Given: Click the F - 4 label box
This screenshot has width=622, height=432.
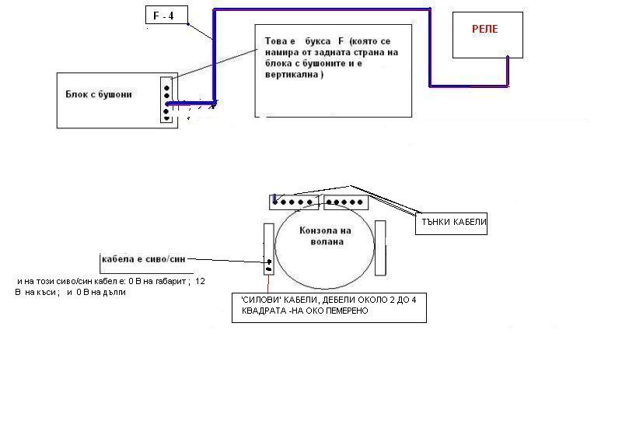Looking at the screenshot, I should tap(166, 16).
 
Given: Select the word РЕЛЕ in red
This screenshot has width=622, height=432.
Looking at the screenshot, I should tap(484, 29).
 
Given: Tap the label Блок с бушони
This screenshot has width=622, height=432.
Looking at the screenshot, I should tap(99, 94).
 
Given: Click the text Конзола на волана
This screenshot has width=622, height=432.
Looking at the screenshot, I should tap(325, 236).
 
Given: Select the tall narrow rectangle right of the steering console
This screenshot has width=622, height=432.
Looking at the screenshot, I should tap(380, 248).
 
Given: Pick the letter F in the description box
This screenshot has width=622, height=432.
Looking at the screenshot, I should tap(341, 40).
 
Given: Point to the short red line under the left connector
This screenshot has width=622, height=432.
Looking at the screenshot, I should tap(268, 283).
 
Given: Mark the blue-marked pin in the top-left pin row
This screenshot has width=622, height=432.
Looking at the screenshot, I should tap(274, 201).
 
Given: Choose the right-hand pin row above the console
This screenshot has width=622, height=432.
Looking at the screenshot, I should tap(346, 202).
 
